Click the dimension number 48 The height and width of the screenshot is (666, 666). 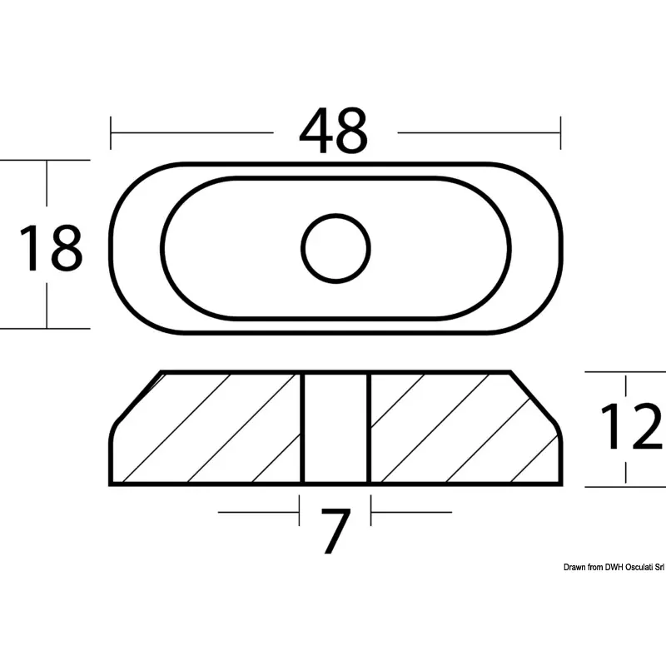coord(334,131)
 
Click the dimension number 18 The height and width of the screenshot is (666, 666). coord(51,248)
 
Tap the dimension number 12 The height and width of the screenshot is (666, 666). coord(631,426)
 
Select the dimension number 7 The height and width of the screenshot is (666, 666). coord(335,531)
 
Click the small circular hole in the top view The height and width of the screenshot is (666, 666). coord(335,248)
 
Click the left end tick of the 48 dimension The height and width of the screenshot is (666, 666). coord(111,133)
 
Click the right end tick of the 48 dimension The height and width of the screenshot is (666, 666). coord(560,133)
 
